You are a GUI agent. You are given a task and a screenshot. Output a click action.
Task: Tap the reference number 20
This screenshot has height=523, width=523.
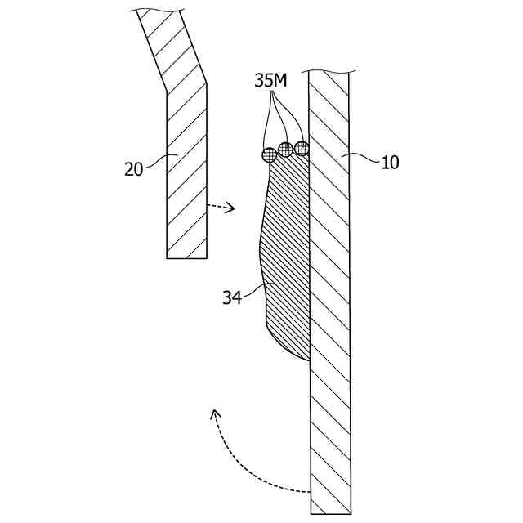[x=134, y=169]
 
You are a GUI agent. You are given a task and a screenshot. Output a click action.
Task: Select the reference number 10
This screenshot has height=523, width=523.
[x=390, y=163]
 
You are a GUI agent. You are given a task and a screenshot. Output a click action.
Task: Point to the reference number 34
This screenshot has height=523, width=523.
[x=232, y=298]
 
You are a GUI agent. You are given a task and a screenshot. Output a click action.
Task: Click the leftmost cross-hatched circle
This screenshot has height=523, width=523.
[x=270, y=154]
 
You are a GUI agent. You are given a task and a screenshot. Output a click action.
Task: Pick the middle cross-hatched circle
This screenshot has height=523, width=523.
[x=285, y=149]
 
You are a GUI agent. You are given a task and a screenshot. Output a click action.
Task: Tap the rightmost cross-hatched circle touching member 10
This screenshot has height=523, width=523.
[x=302, y=148]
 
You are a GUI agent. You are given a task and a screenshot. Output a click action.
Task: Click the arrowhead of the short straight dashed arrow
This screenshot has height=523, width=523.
[x=231, y=208]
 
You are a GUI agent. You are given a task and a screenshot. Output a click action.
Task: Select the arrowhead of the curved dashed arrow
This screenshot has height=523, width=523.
[x=215, y=413]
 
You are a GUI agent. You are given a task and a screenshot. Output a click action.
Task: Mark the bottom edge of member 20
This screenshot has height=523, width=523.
[x=186, y=258]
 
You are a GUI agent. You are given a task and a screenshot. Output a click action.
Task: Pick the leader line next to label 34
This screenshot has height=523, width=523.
[x=256, y=288]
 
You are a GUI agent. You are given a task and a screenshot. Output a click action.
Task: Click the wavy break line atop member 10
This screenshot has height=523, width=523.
[x=329, y=71]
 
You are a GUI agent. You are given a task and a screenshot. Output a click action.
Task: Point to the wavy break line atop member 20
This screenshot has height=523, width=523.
[x=155, y=10]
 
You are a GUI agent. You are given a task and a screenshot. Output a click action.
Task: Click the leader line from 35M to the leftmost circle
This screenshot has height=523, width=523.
[x=266, y=123]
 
